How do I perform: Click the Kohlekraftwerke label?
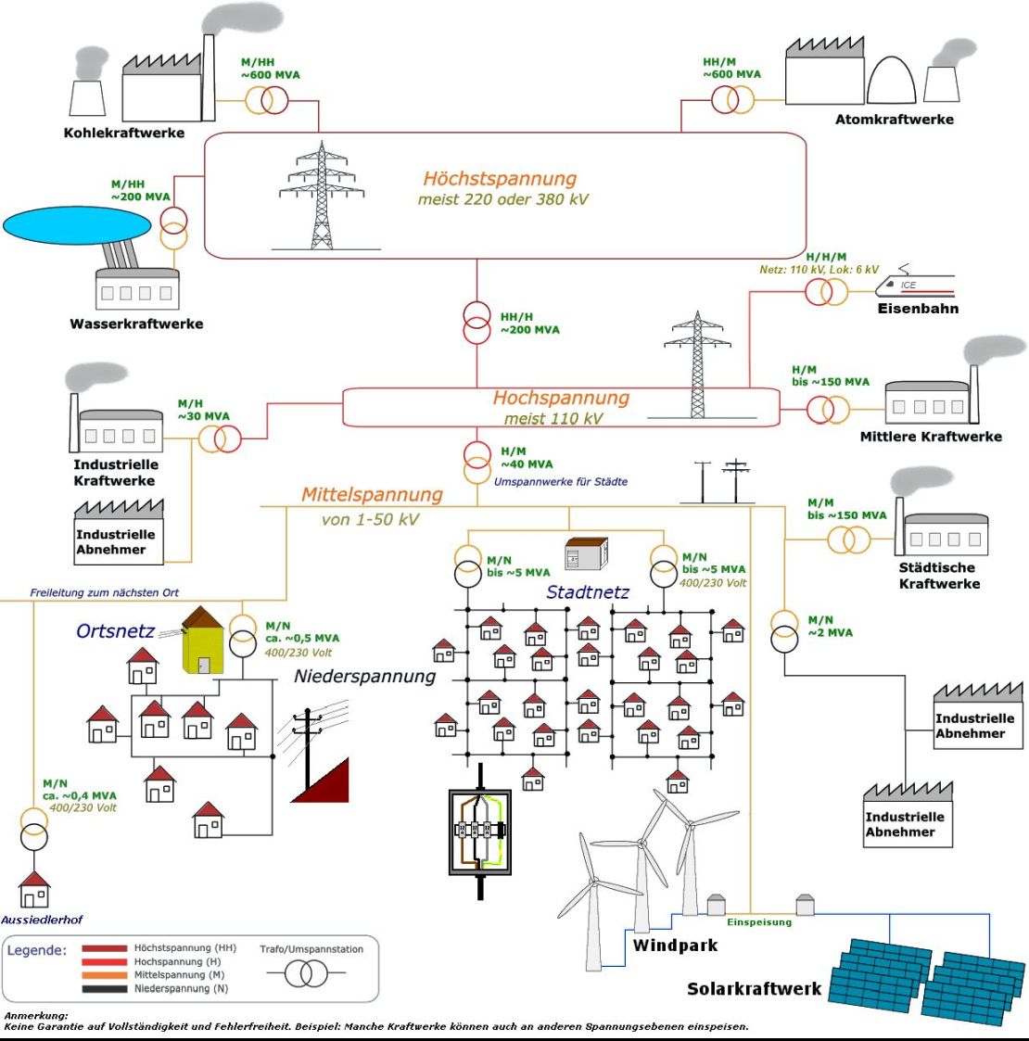tap(124, 133)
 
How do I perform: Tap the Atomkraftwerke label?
tap(895, 120)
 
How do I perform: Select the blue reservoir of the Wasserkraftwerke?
tap(77, 225)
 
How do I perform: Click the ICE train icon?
tap(915, 285)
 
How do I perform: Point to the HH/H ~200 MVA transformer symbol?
tap(476, 323)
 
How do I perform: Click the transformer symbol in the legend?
tap(306, 973)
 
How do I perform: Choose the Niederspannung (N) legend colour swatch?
tap(104, 989)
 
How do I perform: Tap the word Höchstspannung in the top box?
tap(500, 179)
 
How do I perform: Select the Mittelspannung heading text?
tap(372, 495)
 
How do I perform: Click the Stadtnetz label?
tap(588, 592)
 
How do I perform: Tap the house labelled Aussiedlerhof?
tap(34, 890)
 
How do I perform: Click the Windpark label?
tap(675, 946)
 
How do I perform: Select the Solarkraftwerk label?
tap(755, 989)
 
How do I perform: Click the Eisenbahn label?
tap(918, 309)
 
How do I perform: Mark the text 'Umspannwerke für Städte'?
tap(560, 482)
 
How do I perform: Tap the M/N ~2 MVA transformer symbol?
tap(784, 631)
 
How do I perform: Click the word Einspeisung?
tap(759, 922)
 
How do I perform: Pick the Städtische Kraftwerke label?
tap(939, 576)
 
